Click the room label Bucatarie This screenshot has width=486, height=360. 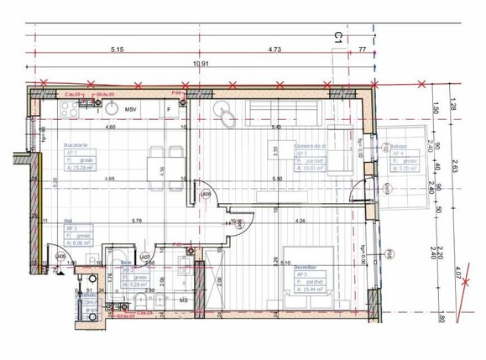pos(76,145)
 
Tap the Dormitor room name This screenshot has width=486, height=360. pos(306,268)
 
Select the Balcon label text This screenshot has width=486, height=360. pos(399,146)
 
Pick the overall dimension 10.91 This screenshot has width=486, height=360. pos(200,64)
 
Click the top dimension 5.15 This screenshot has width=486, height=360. pos(117,50)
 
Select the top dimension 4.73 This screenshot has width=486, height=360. pos(274,50)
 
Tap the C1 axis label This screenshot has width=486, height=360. pos(337,37)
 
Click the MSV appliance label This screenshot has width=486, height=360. pos(130,110)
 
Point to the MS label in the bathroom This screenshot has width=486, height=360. pos(185,298)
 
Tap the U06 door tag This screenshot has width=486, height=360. pos(205,193)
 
